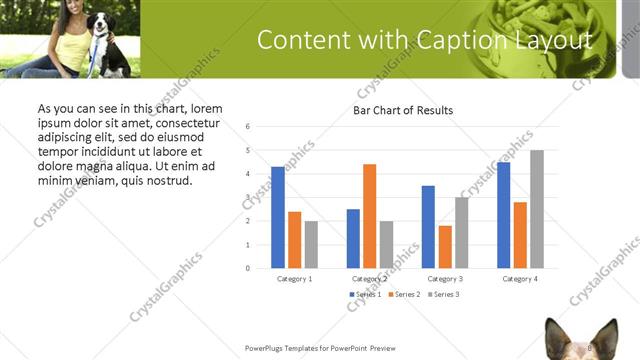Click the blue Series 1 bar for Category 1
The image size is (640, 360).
pos(277,217)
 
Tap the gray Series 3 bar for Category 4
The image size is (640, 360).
pos(537,209)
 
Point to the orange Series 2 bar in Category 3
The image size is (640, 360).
pos(445,247)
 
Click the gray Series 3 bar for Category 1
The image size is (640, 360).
pos(311,244)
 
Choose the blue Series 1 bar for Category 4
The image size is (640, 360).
pos(503,215)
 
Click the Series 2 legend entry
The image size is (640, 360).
pos(405,295)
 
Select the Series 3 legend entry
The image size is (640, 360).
pos(444,295)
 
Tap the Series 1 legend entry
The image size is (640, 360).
pos(366,295)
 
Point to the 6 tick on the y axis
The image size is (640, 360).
pos(247,126)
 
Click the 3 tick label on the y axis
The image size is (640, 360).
pos(247,197)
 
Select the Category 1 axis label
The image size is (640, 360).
pos(294,278)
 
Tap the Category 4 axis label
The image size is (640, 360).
pos(520,278)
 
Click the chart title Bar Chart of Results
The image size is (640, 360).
pos(403,110)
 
